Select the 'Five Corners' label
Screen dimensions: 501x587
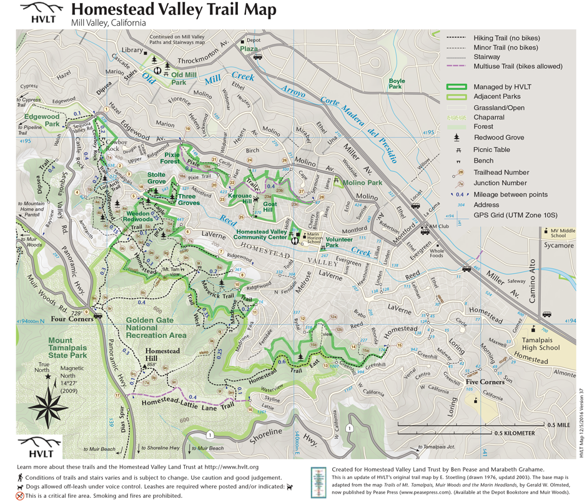pos(485,381)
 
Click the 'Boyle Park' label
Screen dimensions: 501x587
pos(397,84)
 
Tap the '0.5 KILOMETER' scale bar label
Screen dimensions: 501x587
pos(514,433)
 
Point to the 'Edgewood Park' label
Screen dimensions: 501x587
pos(42,120)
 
